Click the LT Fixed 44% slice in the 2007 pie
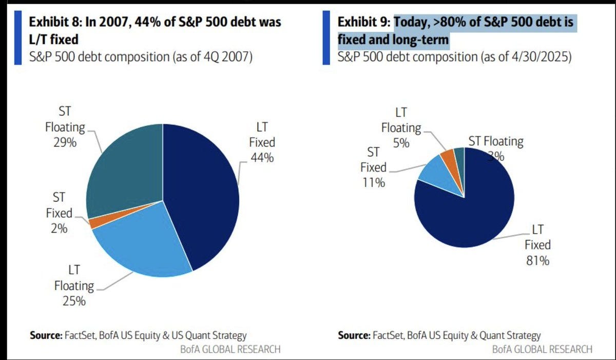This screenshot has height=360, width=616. (203, 195)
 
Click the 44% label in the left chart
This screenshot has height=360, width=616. (262, 158)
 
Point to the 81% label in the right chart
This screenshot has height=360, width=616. (538, 261)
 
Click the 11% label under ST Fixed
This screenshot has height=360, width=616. (373, 182)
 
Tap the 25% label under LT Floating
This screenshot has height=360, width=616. (74, 301)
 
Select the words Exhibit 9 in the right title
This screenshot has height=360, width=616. (363, 23)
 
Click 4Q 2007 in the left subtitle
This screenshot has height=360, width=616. (222, 56)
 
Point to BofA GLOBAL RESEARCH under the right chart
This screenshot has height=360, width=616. (542, 349)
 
